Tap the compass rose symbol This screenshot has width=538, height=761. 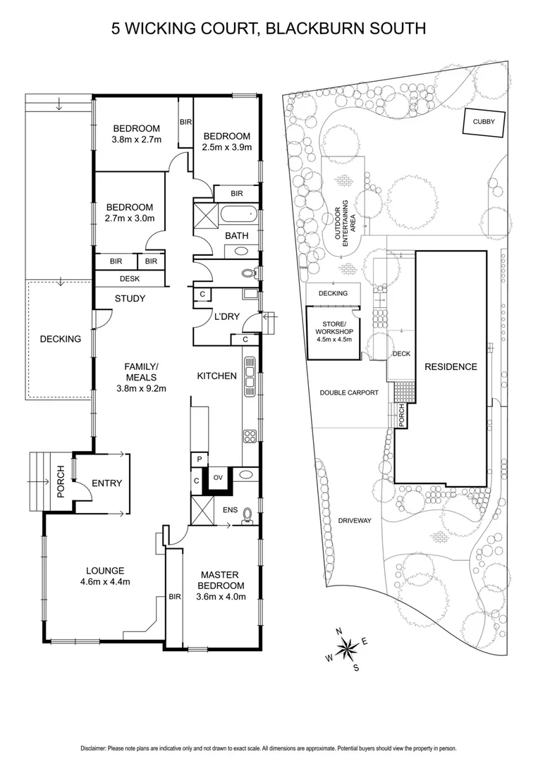tap(347, 647)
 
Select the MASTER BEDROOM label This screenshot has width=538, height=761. tap(221, 580)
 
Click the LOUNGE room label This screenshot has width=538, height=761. tap(106, 571)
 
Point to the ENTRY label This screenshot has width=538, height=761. tap(107, 483)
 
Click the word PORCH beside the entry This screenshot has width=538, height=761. tap(61, 482)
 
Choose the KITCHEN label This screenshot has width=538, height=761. tap(216, 376)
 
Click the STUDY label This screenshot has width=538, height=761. tap(130, 299)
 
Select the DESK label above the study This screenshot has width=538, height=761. tap(130, 279)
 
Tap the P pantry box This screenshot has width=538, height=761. tap(199, 459)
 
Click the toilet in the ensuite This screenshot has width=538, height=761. tap(247, 519)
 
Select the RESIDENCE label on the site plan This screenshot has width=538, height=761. tap(450, 366)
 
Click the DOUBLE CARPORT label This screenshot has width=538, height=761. tap(349, 393)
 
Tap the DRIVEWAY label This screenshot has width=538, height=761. tap(355, 521)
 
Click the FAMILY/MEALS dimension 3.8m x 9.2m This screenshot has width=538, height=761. tap(141, 387)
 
